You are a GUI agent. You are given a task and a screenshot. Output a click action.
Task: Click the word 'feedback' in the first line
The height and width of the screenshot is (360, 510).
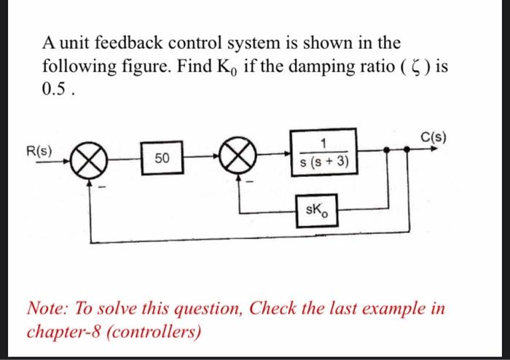(127, 44)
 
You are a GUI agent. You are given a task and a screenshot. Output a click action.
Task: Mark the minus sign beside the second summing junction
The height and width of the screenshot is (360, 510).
(251, 183)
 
